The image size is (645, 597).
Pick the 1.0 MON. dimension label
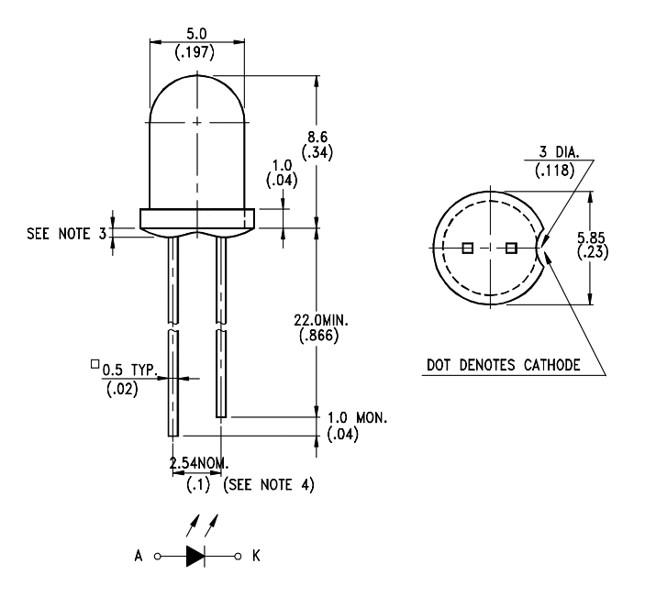[357, 416]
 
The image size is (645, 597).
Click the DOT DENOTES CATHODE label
[502, 365]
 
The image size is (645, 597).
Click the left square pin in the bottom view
[467, 248]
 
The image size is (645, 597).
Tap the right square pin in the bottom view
[511, 248]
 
